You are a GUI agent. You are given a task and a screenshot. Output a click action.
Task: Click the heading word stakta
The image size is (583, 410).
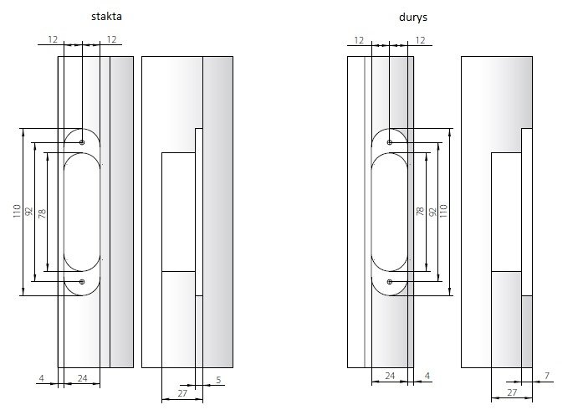coord(106,17)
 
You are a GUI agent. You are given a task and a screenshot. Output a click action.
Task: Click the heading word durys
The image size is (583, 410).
coord(412,18)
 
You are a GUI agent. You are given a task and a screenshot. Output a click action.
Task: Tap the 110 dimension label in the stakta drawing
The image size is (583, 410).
coord(17,211)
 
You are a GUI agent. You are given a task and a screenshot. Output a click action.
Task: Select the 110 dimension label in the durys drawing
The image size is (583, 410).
coord(443,211)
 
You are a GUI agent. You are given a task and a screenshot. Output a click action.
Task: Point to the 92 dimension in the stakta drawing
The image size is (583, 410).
coord(29,212)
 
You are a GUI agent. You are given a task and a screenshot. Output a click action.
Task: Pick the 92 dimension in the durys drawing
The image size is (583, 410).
coord(432,212)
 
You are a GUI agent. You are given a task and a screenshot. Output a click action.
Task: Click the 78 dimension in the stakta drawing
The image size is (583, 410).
coord(42,213)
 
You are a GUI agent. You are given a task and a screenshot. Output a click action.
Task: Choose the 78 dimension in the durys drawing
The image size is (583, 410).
coord(420,212)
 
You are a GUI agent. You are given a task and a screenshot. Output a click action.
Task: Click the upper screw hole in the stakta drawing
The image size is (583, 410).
coord(82,142)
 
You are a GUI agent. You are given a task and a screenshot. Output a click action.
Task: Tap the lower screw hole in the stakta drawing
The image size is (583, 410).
coord(82,282)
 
